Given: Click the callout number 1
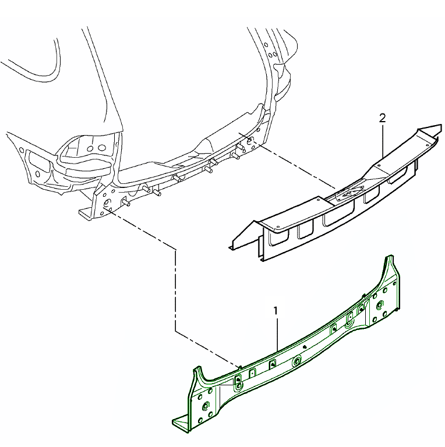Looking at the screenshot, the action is pos(276,311).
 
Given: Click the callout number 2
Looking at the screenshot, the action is pos(382,118).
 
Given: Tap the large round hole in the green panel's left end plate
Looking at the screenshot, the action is pos(206,406).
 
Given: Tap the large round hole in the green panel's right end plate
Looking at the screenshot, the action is pos(380,305).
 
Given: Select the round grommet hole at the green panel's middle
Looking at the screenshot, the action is pos(297,361).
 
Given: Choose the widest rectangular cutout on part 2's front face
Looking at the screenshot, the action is pos(338,217).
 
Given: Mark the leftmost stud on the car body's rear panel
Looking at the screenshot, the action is pos(126,203).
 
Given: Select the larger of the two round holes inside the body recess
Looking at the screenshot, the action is pos(101,148).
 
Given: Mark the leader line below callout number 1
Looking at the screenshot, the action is pos(277,334).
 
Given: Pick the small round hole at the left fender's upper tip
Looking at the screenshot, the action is pos(22,149).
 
